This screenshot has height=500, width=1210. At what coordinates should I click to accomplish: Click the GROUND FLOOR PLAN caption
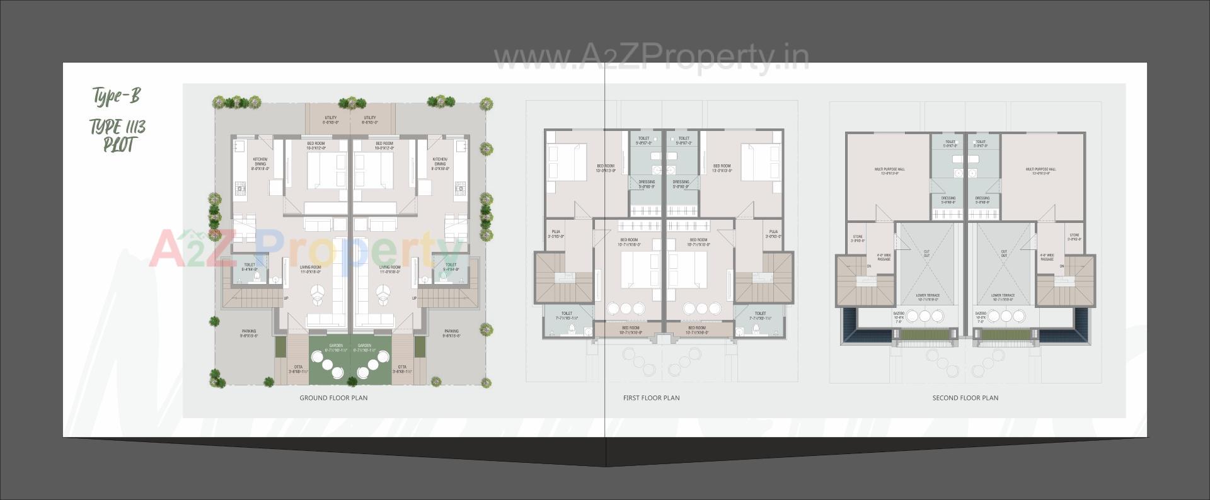333,398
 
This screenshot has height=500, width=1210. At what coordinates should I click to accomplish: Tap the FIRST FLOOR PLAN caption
651,398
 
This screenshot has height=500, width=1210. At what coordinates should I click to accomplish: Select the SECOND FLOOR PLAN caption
965,398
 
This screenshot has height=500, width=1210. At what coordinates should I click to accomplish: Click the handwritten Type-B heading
117,96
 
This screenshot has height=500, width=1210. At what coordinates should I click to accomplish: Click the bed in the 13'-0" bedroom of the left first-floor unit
567,162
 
